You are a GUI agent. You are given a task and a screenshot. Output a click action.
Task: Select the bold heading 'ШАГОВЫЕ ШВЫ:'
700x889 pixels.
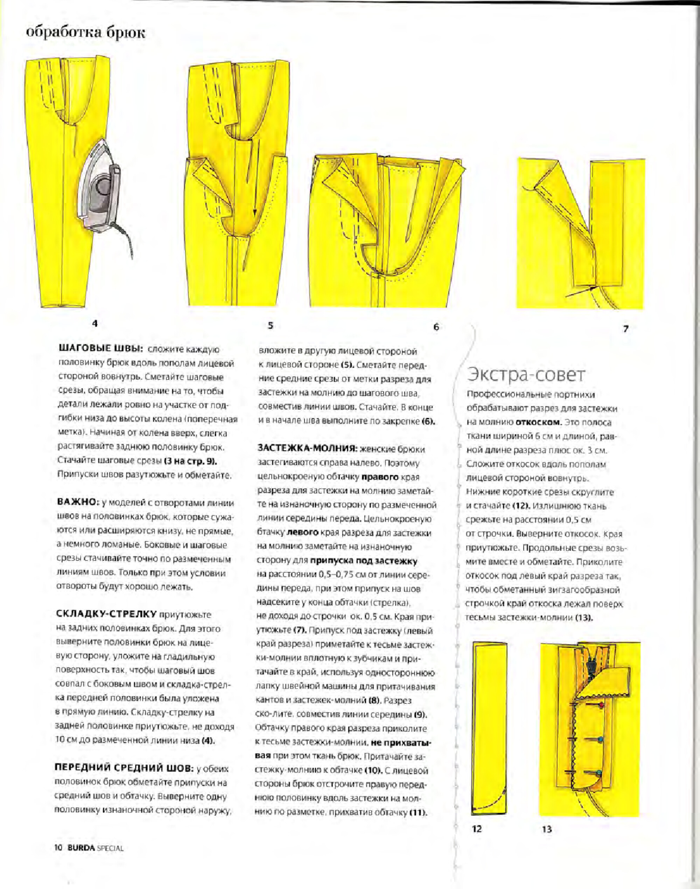click(101, 349)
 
